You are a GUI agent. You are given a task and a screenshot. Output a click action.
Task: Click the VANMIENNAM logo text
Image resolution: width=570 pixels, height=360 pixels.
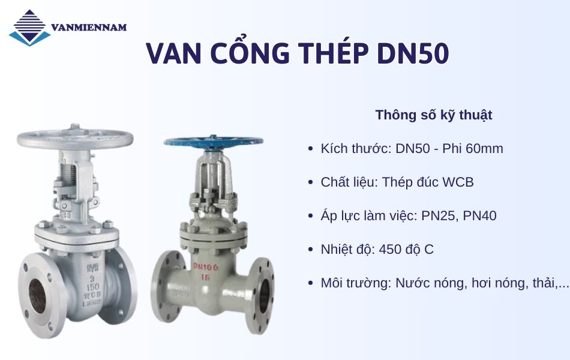tap(89, 27)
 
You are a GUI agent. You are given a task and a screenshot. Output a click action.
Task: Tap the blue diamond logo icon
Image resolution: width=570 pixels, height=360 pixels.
tap(29, 28)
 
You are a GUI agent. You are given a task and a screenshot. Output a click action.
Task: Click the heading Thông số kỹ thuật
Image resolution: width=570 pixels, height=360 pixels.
tap(434, 115)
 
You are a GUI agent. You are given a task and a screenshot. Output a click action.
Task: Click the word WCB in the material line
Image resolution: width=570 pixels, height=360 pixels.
tap(458, 182)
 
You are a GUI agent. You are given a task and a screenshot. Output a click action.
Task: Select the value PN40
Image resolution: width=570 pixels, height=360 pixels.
tap(478, 215)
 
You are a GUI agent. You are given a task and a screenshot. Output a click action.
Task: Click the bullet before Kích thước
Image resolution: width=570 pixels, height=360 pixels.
tap(310, 149)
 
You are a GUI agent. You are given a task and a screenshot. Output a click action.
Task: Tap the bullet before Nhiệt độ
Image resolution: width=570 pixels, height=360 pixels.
tap(310, 250)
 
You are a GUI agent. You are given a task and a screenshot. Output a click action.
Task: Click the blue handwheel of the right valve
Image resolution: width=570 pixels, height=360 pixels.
tap(213, 142)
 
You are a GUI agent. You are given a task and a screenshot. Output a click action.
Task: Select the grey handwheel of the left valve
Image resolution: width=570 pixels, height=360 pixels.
tap(75, 137)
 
